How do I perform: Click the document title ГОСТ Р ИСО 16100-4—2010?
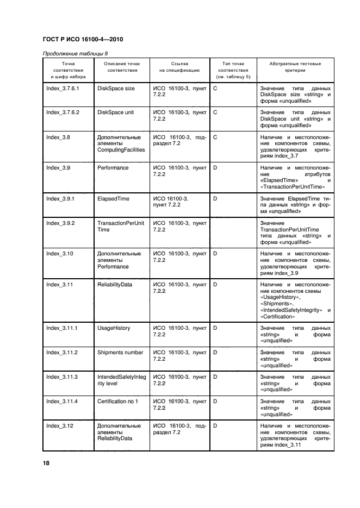point(78,40)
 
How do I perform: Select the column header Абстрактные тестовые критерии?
point(295,67)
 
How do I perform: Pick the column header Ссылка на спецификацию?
point(179,67)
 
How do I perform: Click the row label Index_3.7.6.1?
point(63,88)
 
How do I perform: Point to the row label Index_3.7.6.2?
point(63,112)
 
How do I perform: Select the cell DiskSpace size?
point(116,88)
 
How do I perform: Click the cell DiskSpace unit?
point(115,112)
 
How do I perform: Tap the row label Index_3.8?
point(58,137)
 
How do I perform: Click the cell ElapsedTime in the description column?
point(113,199)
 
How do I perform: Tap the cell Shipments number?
point(120,352)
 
